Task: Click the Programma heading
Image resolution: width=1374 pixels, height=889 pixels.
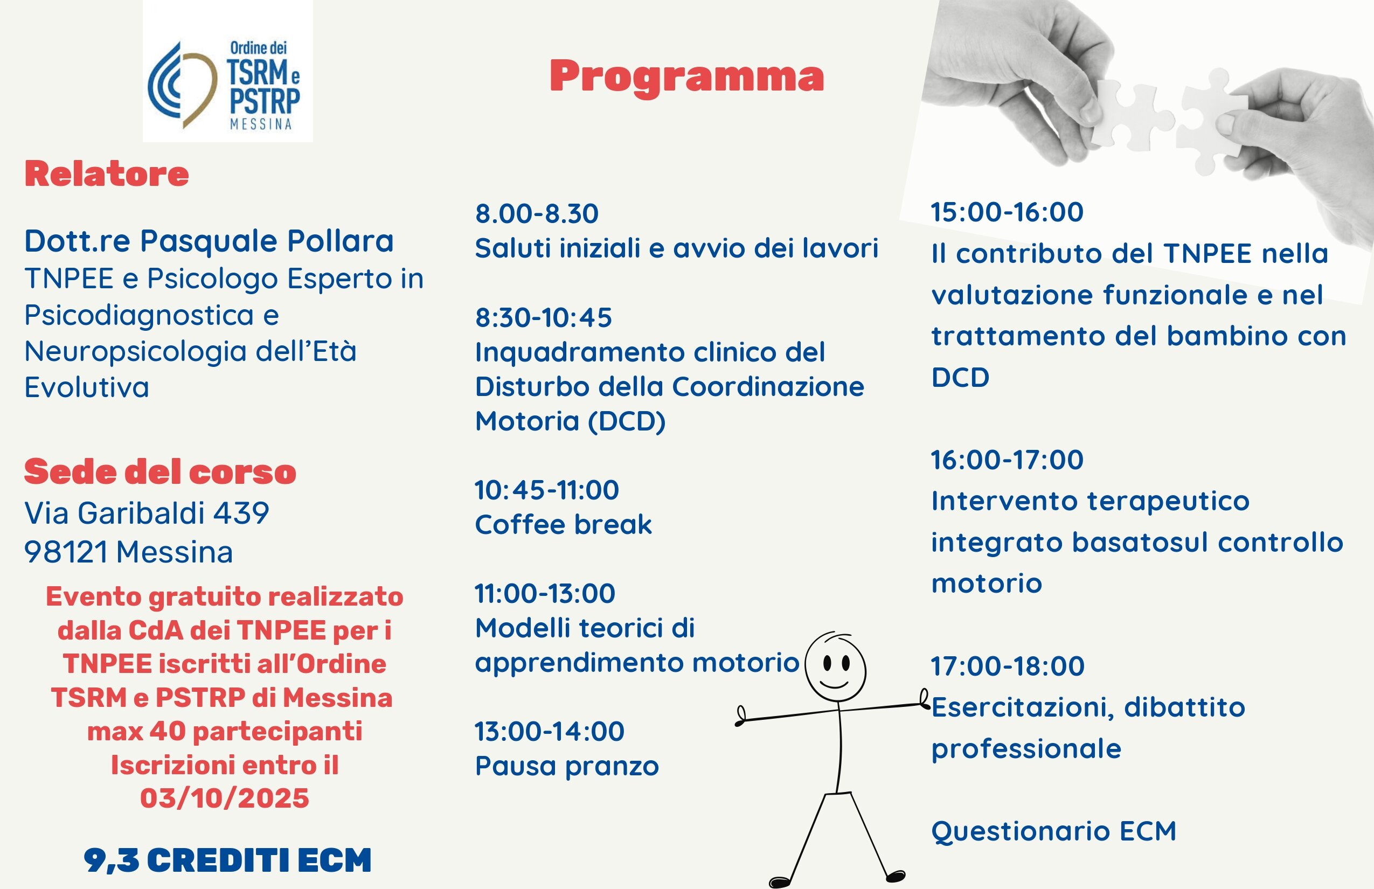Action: [686, 76]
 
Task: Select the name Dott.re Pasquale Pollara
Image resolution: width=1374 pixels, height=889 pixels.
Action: [209, 241]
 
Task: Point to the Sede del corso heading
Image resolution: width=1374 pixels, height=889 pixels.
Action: [160, 471]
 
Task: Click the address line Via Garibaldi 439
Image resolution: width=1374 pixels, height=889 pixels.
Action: [147, 512]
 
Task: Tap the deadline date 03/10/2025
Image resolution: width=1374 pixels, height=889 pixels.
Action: [225, 798]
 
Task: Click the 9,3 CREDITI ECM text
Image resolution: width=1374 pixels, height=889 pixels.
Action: [227, 859]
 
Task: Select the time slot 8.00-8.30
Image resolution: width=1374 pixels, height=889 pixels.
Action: [536, 213]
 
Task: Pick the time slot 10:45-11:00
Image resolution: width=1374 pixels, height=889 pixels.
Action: [546, 490]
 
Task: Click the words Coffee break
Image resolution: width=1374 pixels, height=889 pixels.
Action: [563, 525]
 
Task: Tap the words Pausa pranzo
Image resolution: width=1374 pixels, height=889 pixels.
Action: [566, 766]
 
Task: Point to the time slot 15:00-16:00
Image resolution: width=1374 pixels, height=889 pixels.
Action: [1007, 212]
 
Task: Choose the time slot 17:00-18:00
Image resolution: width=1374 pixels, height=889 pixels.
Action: [1008, 665]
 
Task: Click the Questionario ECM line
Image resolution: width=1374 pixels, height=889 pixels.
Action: [1053, 831]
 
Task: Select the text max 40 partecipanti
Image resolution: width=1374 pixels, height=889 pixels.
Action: [225, 731]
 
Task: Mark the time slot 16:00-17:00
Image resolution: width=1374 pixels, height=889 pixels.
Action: [1007, 460]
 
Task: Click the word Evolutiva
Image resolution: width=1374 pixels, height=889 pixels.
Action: [87, 387]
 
